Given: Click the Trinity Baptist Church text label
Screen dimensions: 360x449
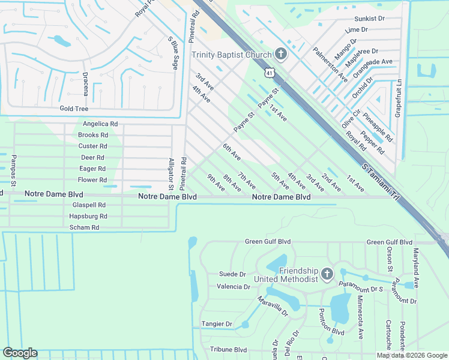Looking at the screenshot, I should point(232,55).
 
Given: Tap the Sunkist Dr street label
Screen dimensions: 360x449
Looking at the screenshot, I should point(369,19).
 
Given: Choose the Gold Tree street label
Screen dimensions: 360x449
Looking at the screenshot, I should point(74,109).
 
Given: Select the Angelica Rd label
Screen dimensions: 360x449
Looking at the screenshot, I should point(100,124).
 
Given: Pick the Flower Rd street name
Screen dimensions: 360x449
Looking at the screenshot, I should point(92,179).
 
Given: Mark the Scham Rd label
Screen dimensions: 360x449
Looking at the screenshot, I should point(84,227).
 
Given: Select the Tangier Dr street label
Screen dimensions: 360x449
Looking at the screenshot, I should point(217,324).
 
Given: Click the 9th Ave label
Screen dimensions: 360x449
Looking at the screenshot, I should point(216,182).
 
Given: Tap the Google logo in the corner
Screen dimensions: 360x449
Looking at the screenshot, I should point(20,353).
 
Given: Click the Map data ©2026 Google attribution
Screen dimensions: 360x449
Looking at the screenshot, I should point(412,355).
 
